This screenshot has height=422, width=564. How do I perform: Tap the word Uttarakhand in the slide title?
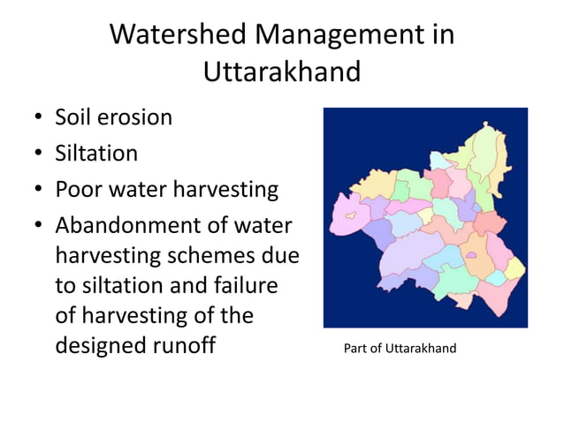tap(282, 72)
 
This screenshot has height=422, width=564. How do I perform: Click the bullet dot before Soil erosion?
tap(39, 117)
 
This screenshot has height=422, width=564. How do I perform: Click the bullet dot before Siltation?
tap(39, 154)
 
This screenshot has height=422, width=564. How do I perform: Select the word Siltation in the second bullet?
tap(96, 154)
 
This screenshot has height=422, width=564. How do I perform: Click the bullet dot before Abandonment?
tap(39, 227)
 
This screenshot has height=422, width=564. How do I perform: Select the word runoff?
tap(187, 344)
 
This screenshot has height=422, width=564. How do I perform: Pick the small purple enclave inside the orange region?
tap(471, 256)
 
